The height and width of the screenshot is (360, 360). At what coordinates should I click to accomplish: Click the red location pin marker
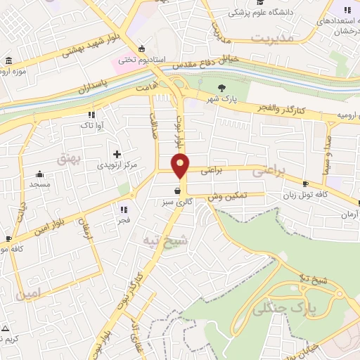coord(181,165)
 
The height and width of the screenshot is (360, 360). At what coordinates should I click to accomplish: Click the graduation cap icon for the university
coord(233,12)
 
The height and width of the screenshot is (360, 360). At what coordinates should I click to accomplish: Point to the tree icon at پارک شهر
coord(223,89)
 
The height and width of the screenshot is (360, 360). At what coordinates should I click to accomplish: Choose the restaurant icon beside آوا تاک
coord(91,114)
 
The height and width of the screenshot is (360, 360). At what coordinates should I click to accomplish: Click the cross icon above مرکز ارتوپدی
coord(117,153)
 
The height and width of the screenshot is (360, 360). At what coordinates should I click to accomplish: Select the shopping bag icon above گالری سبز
coord(176,190)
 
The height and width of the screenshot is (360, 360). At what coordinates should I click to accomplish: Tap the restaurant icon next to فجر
coord(124,209)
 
